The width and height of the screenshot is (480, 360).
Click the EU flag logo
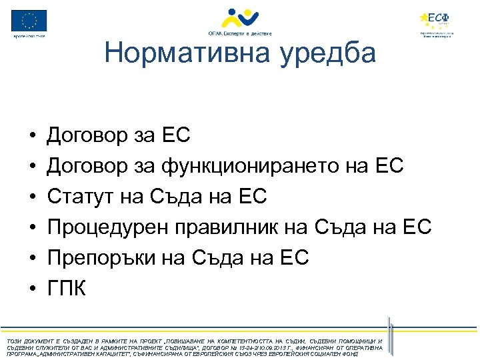coord(29,21)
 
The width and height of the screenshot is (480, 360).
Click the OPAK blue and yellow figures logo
coord(239,16)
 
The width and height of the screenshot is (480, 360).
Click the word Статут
coord(76,197)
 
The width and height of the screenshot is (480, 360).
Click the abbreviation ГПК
coord(65,289)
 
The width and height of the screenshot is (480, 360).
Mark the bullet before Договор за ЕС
coord(33,137)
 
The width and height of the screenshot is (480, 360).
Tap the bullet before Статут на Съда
coord(33,198)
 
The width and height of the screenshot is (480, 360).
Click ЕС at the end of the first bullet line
coord(176,136)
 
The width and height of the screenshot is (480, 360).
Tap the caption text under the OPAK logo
coord(239,32)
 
